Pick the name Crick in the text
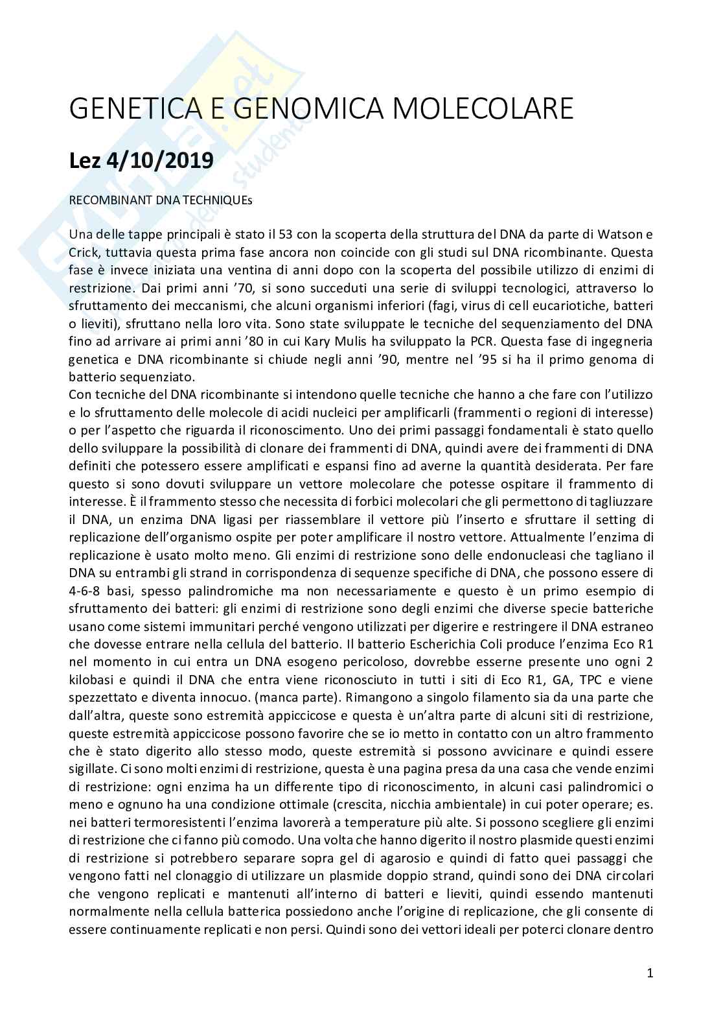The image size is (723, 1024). tap(83, 252)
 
